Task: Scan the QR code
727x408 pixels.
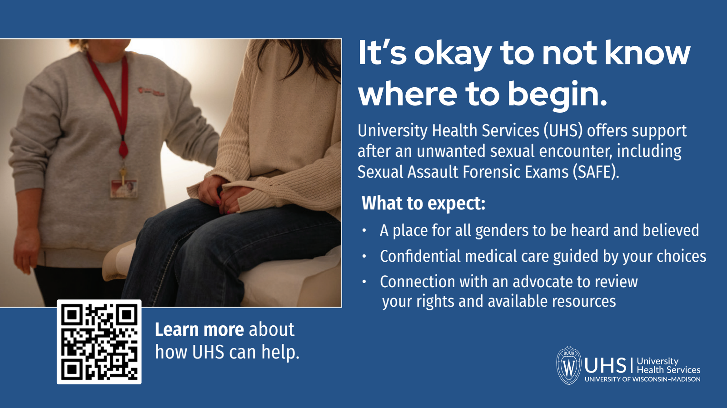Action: point(99,342)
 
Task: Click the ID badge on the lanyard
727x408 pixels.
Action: point(124,188)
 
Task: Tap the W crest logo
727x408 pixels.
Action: point(568,366)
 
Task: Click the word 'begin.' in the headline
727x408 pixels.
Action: point(557,94)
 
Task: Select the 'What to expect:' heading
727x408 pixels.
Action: point(423,203)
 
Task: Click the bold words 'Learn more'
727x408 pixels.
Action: point(199,329)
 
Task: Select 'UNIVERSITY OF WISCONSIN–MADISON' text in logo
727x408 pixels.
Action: point(642,379)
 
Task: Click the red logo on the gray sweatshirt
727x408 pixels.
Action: point(151,92)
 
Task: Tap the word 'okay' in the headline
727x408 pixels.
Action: point(453,54)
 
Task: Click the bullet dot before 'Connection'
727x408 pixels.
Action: point(364,282)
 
